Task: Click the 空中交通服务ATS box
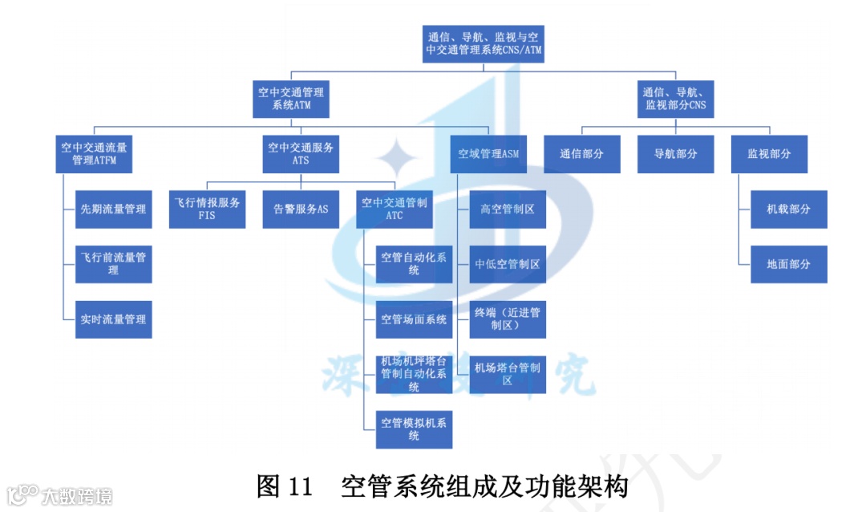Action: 301,153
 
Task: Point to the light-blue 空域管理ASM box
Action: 488,153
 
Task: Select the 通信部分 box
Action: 581,153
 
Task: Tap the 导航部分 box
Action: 675,153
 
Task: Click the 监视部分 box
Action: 769,153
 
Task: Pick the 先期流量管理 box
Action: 113,209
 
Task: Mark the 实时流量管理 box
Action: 113,319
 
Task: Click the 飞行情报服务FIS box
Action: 207,209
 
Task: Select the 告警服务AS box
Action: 301,209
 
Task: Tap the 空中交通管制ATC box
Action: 394,209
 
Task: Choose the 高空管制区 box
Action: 508,209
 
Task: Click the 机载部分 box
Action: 788,209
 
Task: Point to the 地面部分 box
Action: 788,263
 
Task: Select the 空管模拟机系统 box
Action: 414,429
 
